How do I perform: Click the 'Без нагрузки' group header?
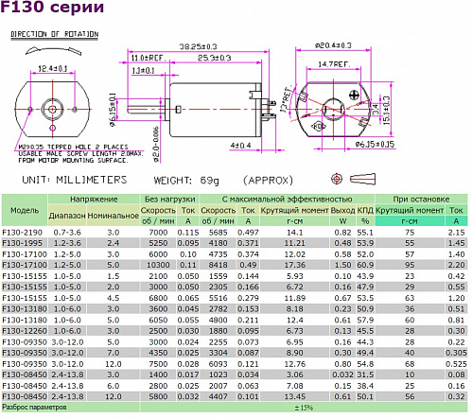pyautogui.click(x=170, y=200)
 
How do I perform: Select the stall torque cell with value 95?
pyautogui.click(x=410, y=265)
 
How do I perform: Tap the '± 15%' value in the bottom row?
pyautogui.click(x=304, y=409)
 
